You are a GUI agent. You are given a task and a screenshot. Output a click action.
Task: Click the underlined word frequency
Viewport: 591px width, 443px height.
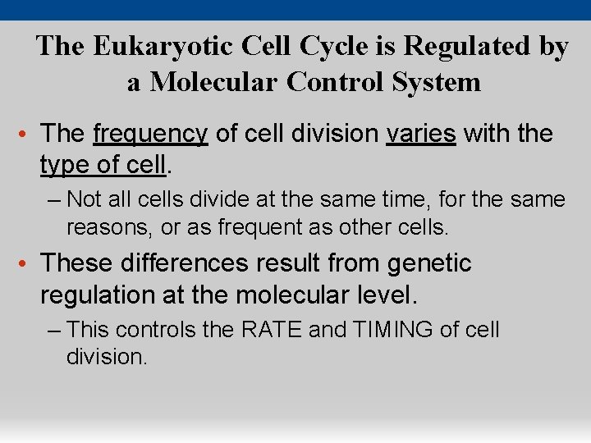151,134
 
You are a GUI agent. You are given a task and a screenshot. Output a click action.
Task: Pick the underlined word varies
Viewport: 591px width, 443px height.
420,134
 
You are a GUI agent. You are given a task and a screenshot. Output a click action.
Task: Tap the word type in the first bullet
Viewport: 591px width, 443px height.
66,166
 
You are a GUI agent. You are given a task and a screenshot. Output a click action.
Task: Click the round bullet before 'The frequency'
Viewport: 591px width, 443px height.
29,135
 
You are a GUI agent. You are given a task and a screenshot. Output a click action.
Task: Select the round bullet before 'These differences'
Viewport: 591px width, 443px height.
29,264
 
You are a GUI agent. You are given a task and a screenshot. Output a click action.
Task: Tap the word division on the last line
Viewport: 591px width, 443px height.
107,357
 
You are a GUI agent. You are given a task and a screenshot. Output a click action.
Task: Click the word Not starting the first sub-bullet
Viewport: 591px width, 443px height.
82,199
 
